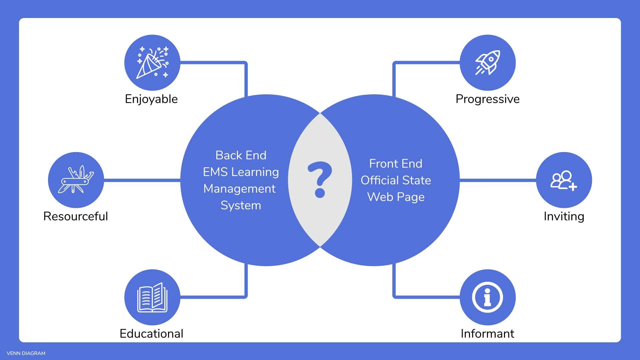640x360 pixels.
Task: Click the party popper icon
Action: click(152, 63)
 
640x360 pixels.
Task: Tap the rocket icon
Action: click(488, 63)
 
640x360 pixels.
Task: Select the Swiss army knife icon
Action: click(76, 180)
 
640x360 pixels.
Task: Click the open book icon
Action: click(152, 297)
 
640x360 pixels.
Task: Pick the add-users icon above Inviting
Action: click(564, 180)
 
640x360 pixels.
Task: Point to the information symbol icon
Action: click(488, 297)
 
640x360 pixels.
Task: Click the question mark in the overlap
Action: click(320, 180)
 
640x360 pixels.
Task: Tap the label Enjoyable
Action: click(151, 99)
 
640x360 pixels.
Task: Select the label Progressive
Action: click(488, 99)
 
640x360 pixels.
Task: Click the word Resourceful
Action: click(76, 216)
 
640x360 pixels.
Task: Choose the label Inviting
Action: click(564, 216)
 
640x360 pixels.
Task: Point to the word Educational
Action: click(151, 334)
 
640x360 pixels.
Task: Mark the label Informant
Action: click(488, 334)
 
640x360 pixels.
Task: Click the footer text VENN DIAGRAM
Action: click(26, 353)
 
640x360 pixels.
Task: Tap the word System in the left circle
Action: click(241, 205)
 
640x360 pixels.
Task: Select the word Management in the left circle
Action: click(239, 189)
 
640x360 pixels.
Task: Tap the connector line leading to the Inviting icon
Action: click(498, 180)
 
